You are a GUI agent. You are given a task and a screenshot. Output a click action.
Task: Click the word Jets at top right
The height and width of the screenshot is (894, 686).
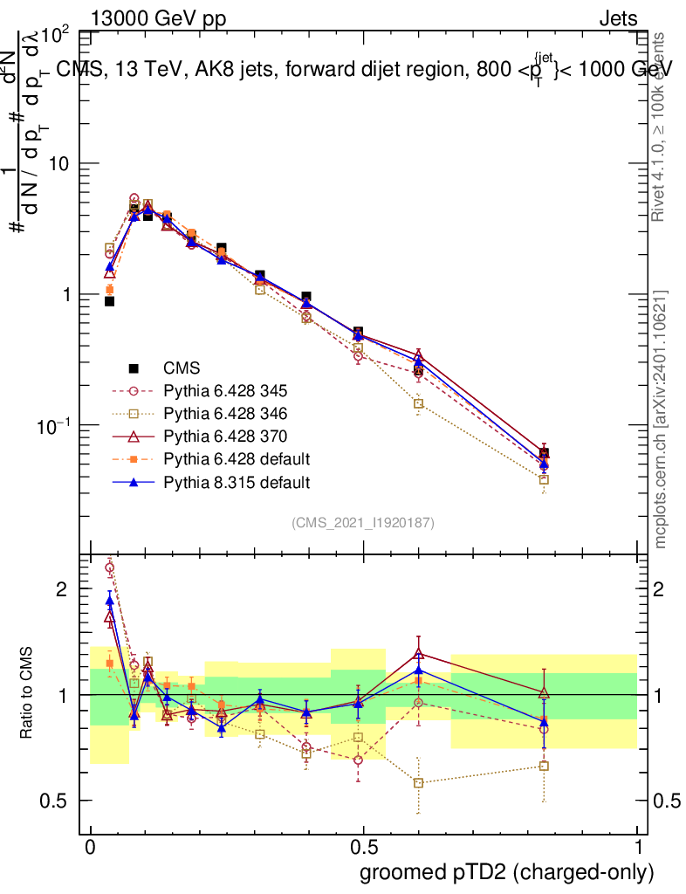pos(618,19)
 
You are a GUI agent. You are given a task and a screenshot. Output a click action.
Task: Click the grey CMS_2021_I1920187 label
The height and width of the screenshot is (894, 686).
pos(363,522)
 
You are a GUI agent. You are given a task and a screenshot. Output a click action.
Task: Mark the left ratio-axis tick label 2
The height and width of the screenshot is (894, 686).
pos(61,589)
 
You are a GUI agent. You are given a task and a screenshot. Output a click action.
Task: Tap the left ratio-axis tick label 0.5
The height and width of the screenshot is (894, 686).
pos(54,801)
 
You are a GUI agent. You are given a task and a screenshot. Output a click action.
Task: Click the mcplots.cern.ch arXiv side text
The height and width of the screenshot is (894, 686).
pos(662,419)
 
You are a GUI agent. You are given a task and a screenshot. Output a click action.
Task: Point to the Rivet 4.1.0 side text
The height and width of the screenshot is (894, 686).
pos(660,127)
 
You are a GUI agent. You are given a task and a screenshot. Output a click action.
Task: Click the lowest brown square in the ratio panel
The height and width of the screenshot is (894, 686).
pos(419,783)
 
